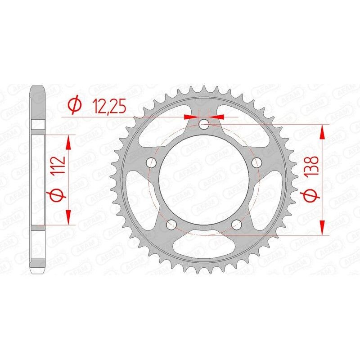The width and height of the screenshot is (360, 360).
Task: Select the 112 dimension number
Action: coord(60,167)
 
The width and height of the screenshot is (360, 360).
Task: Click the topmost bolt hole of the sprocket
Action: coord(204,123)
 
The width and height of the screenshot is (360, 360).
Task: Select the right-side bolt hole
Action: coord(257,162)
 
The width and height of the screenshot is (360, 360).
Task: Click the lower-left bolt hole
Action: coord(171,224)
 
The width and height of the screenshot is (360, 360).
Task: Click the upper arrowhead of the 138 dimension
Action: coord(322,132)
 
